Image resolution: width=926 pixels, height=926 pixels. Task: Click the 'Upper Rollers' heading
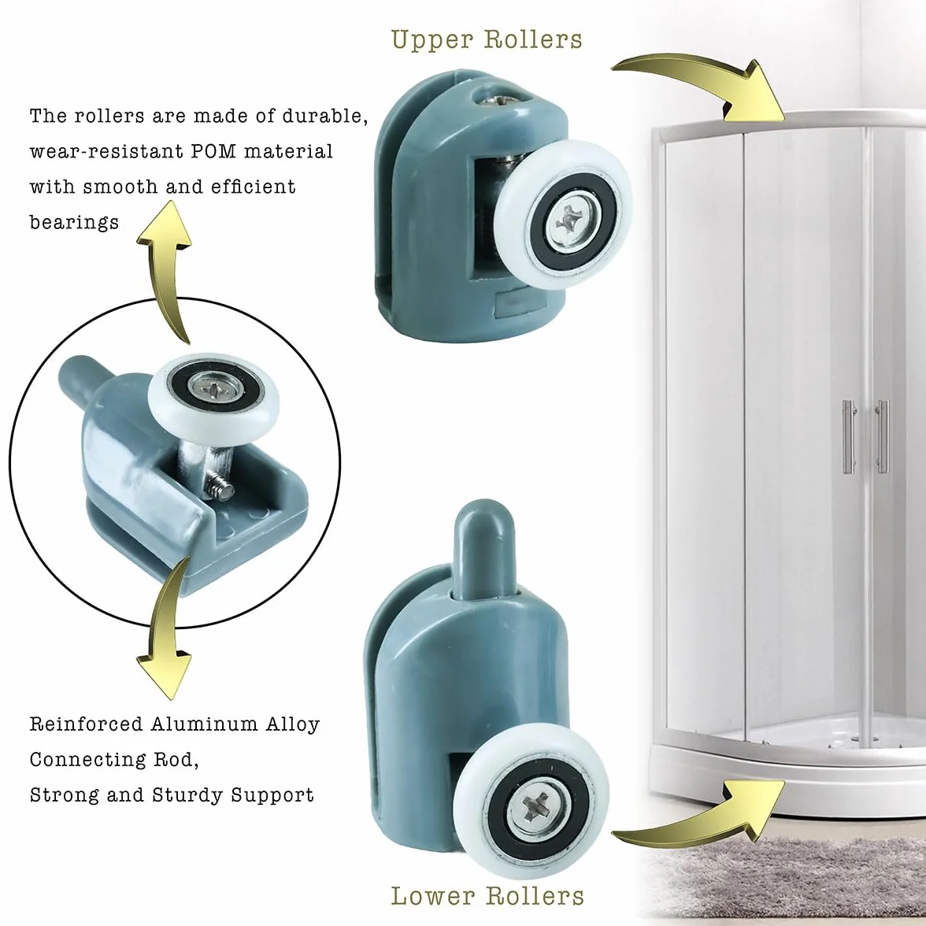[x=487, y=39]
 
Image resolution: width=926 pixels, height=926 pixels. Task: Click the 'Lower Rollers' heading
[x=488, y=895]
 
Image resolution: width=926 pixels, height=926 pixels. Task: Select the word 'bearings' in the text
[x=74, y=223]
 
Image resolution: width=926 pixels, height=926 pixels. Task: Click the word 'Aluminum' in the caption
[x=205, y=724]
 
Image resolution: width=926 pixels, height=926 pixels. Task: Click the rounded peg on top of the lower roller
[x=485, y=546]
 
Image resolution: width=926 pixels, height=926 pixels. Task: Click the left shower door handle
[x=849, y=437]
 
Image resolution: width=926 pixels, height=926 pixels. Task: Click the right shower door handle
[x=882, y=437]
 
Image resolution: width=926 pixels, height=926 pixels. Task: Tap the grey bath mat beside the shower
[x=786, y=880]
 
